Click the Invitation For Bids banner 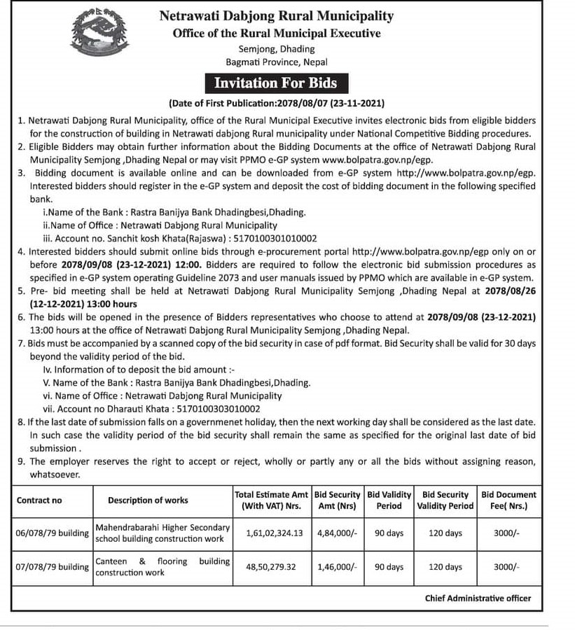click(x=275, y=83)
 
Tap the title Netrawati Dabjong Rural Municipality click(x=277, y=15)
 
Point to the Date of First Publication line click(x=277, y=104)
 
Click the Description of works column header click(x=148, y=500)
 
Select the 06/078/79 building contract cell click(x=53, y=533)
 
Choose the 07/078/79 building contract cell click(x=53, y=567)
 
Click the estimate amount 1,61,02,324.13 click(x=275, y=533)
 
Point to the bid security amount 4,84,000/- click(x=337, y=533)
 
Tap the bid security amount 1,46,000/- click(x=337, y=567)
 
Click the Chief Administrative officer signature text click(x=478, y=598)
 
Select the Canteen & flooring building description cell click(x=162, y=567)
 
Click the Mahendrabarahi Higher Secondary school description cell click(x=162, y=533)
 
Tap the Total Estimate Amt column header click(x=272, y=500)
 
